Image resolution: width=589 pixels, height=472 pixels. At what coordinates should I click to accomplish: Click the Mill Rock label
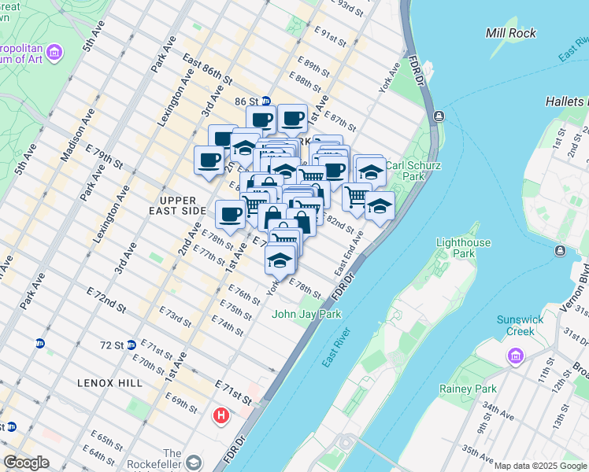(511, 33)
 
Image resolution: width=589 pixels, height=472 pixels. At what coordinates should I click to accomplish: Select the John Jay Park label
(307, 314)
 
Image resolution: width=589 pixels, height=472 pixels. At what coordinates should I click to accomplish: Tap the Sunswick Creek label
(516, 325)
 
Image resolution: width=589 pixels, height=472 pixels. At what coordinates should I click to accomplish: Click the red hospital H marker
(221, 415)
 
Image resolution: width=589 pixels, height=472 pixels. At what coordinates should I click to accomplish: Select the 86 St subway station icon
(266, 101)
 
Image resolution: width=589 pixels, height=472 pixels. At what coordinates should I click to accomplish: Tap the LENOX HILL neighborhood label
(109, 382)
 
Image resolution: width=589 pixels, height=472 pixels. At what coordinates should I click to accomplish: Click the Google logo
(26, 463)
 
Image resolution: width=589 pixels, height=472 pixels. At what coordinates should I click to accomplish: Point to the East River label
(338, 346)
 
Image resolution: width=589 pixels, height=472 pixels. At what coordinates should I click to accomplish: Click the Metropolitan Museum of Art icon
(54, 53)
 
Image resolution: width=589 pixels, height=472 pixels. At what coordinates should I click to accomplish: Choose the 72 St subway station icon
(132, 345)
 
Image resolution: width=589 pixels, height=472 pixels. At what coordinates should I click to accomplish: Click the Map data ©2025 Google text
(540, 466)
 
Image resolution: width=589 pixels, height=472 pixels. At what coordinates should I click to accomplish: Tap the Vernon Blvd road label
(583, 282)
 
